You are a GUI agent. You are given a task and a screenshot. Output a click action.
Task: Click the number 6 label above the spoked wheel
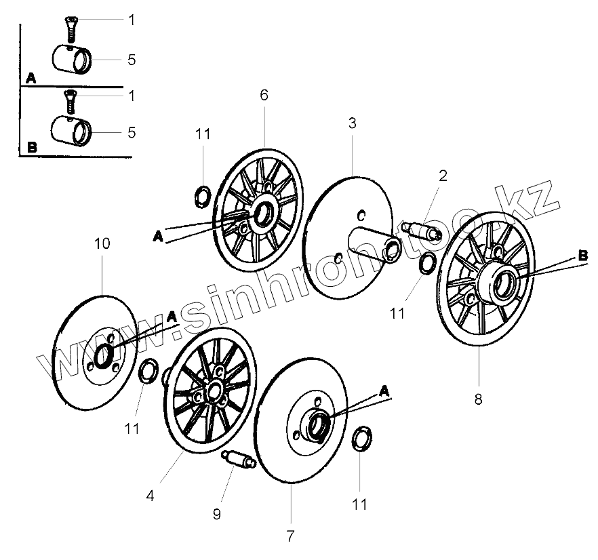(264, 95)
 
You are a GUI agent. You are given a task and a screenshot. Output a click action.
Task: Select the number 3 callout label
(353, 123)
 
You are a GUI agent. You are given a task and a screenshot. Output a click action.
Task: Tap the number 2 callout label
(443, 176)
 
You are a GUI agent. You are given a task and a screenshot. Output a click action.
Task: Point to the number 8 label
(478, 399)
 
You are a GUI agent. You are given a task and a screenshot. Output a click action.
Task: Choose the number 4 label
(151, 496)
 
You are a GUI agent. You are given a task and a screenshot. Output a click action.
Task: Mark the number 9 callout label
(217, 515)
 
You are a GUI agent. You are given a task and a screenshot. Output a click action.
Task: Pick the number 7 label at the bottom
(290, 536)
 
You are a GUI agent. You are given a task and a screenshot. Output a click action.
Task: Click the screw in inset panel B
(68, 100)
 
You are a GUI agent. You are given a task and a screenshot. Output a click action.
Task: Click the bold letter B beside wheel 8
(582, 256)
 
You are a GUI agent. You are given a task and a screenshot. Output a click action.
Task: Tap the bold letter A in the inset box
(31, 79)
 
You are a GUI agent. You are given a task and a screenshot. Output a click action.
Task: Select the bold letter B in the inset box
(31, 146)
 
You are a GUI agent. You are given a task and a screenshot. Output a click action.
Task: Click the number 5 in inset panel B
(132, 132)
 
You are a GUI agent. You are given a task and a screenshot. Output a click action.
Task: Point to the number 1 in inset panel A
(132, 20)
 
